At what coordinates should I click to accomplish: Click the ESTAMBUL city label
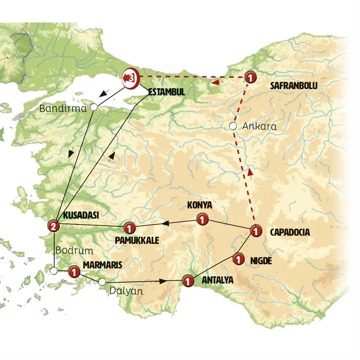(166, 92)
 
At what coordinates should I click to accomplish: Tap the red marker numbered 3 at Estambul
(131, 77)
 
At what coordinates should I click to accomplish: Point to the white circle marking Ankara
(232, 126)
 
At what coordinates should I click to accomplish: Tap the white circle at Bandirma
(94, 107)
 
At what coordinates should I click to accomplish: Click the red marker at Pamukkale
(129, 228)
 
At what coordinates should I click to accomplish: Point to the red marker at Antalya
(187, 281)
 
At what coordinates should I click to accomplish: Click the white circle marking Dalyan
(102, 282)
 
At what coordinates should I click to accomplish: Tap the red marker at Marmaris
(74, 272)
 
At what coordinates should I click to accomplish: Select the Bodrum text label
(74, 251)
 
